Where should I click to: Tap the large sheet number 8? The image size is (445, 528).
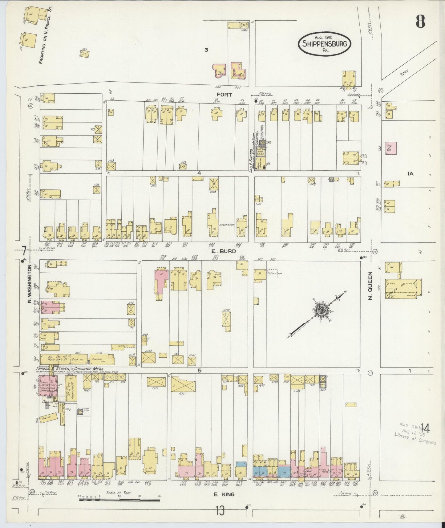point(421,22)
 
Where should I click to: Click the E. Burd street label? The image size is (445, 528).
point(224,251)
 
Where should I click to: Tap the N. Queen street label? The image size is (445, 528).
point(370,285)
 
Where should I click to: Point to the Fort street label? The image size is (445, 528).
point(224,95)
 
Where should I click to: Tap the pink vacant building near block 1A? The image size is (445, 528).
point(391,148)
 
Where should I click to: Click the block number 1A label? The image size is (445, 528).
point(410,174)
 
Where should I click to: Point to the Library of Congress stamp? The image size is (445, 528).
point(415,433)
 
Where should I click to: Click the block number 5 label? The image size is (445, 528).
point(200,371)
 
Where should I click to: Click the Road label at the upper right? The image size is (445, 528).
point(404,73)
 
